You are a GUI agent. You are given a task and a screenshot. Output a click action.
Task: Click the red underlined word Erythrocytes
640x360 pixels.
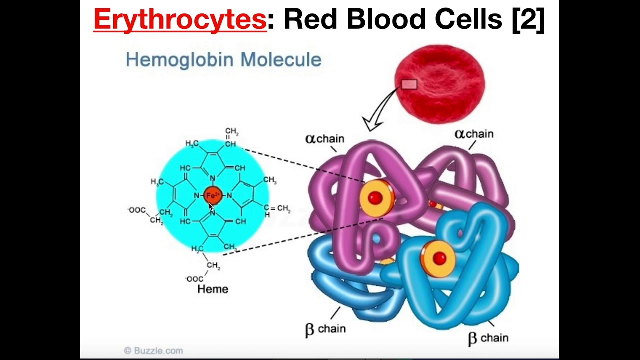click(x=180, y=20)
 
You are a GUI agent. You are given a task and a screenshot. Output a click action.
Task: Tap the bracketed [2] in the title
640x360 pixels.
click(x=528, y=20)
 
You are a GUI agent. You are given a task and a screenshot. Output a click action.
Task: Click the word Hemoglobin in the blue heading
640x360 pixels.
click(x=180, y=60)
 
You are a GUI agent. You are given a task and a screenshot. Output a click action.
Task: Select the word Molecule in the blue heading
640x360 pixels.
click(x=281, y=60)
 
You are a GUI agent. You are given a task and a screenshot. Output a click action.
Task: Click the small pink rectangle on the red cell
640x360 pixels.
click(x=409, y=84)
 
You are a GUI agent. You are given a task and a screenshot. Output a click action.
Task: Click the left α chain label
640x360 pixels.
click(x=325, y=139)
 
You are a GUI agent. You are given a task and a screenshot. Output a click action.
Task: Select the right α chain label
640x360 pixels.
click(x=474, y=134)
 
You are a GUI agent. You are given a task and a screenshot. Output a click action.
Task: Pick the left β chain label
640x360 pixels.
click(x=325, y=329)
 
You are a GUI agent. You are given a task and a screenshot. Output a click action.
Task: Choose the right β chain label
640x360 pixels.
click(x=488, y=338)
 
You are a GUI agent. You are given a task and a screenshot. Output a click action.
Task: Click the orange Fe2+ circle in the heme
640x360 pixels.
click(x=213, y=195)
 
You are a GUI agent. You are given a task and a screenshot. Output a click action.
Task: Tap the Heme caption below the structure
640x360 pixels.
click(x=213, y=289)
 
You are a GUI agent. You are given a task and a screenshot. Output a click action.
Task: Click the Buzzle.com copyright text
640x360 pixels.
click(x=153, y=351)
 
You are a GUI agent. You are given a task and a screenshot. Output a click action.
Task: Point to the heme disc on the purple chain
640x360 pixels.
click(x=376, y=198)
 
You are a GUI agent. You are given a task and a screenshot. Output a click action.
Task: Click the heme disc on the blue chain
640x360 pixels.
click(x=438, y=258)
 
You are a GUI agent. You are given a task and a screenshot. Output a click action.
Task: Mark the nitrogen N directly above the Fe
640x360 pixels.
click(x=213, y=178)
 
